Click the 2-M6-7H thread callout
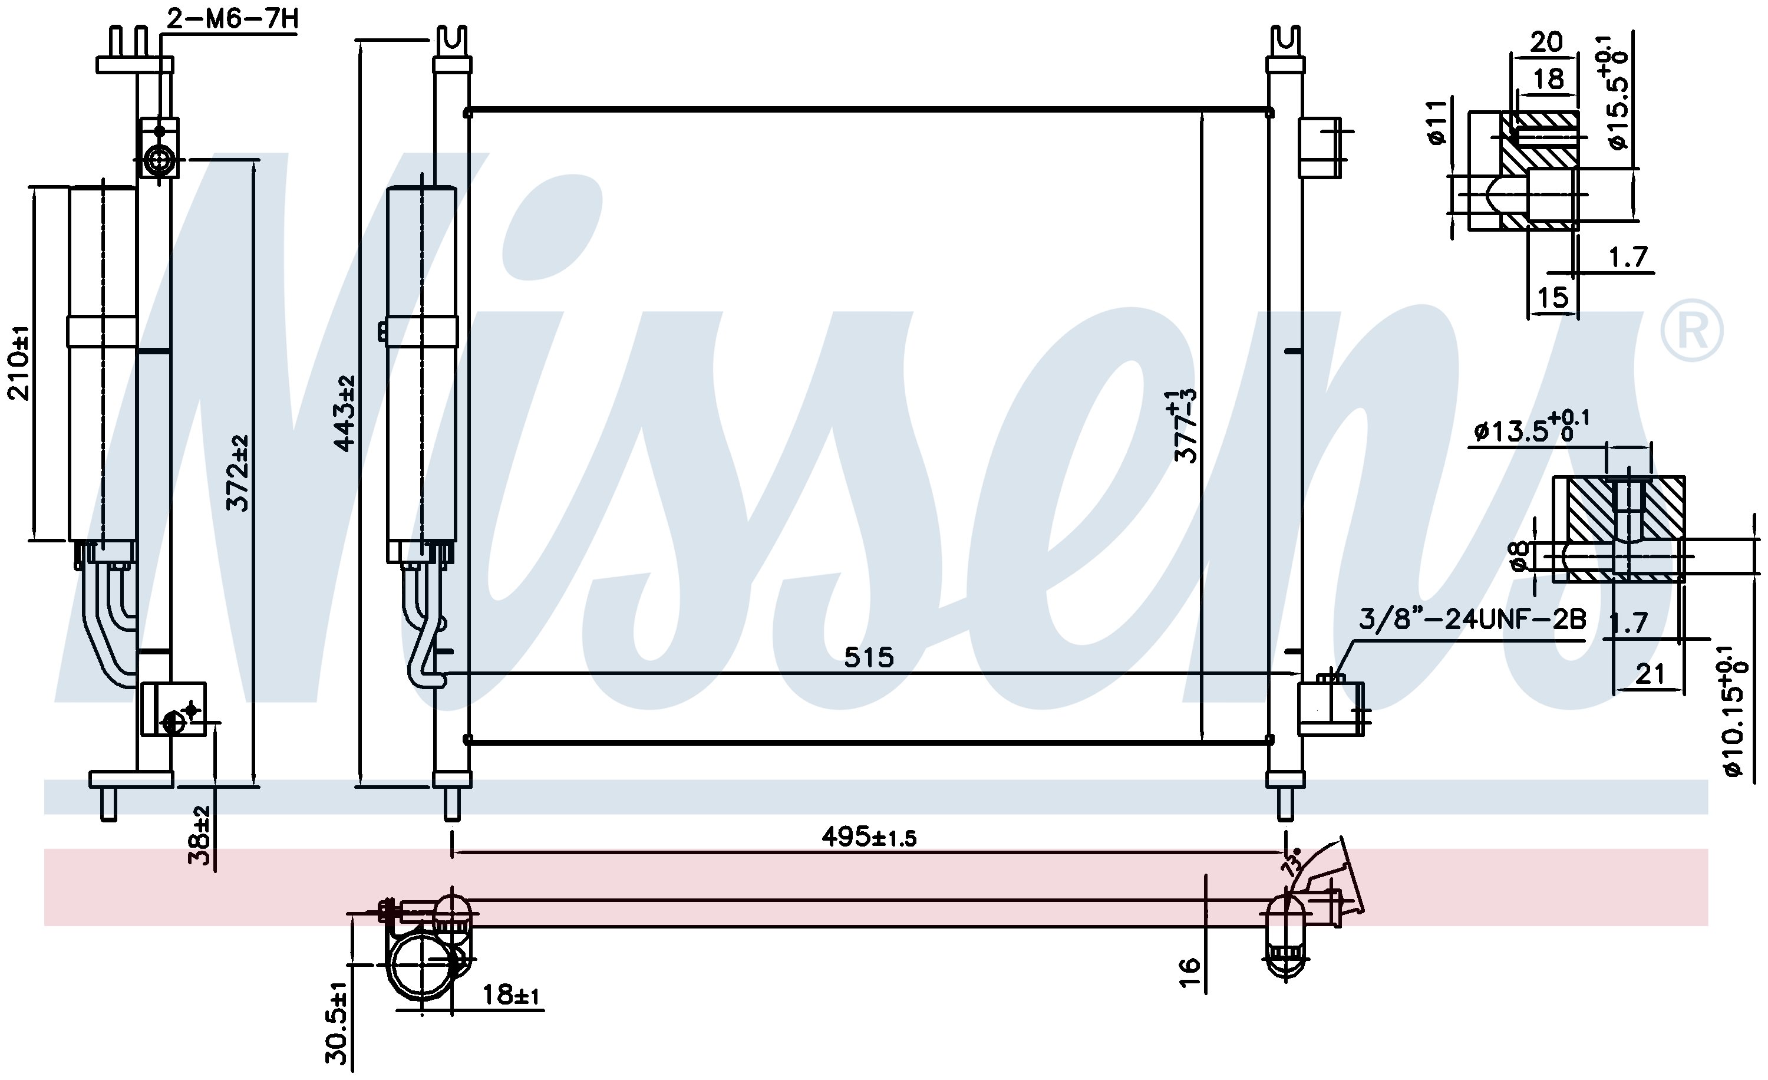(232, 19)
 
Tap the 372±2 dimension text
(238, 472)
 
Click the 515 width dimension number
(869, 657)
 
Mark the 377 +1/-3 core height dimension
(1185, 426)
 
